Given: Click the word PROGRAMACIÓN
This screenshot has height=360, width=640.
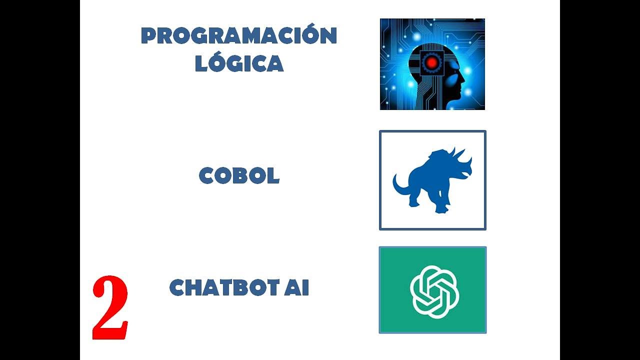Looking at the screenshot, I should (x=239, y=36).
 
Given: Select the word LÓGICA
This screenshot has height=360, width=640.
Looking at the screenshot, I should (x=239, y=63).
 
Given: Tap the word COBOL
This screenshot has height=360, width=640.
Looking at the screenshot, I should (x=239, y=176).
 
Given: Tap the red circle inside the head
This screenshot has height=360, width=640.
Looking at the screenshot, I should (x=429, y=63).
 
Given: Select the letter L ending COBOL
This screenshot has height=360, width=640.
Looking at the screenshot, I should (x=273, y=176).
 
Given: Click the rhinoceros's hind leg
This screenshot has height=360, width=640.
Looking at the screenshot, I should (x=414, y=197).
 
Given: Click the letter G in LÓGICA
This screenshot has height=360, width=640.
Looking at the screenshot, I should (x=237, y=64).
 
